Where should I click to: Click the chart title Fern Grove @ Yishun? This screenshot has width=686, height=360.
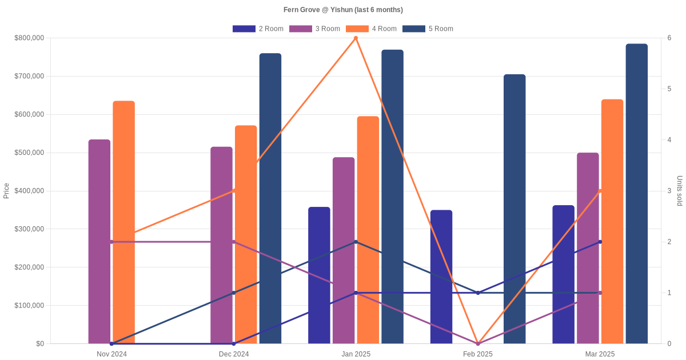(x=343, y=10)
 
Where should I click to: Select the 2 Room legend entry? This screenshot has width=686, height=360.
(x=258, y=29)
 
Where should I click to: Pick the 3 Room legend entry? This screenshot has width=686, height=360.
(x=314, y=29)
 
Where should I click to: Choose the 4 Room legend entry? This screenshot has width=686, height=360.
(x=371, y=29)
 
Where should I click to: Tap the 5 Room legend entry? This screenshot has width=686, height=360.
(x=428, y=29)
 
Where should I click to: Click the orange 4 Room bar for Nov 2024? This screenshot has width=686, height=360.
(x=123, y=222)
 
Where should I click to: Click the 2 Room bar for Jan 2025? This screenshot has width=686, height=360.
(x=319, y=275)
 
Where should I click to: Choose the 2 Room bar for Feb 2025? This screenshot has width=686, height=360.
(x=441, y=277)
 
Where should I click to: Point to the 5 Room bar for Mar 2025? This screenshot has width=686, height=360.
(x=637, y=194)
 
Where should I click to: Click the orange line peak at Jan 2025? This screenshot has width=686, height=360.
(x=356, y=38)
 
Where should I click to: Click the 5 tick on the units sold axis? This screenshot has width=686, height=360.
(x=668, y=89)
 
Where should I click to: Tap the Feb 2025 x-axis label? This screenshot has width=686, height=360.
(x=478, y=354)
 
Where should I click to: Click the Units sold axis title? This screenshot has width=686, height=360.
(x=679, y=191)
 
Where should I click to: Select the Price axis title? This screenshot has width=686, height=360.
(x=6, y=191)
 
